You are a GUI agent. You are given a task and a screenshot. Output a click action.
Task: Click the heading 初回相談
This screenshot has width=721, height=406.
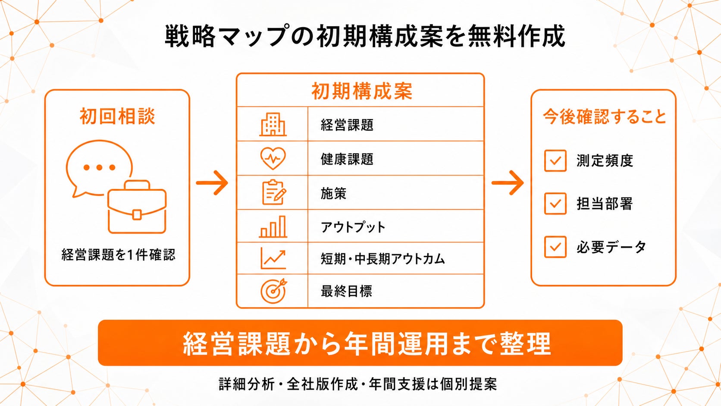[x=117, y=116]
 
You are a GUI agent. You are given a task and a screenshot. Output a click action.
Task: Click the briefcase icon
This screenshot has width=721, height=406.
[x=137, y=207]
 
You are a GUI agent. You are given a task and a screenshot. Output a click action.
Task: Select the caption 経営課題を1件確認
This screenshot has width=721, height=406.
[x=118, y=255]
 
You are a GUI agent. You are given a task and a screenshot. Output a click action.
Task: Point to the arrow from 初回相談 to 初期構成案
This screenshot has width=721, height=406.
[x=212, y=183]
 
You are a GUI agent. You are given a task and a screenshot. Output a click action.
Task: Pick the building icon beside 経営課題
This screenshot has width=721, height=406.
[x=273, y=124]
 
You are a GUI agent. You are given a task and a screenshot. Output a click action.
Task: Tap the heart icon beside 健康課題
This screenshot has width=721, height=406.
[x=273, y=158]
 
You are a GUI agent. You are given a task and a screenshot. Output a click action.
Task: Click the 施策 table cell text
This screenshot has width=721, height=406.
[x=333, y=193]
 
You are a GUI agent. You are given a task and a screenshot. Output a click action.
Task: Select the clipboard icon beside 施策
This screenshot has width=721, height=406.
[x=273, y=192]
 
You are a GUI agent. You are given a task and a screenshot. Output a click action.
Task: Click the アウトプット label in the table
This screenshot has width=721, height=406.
[x=353, y=227]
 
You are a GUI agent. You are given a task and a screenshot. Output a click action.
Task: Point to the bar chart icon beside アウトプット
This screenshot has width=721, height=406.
[x=273, y=227]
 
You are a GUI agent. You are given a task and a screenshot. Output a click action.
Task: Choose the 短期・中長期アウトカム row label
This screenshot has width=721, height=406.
[x=383, y=259]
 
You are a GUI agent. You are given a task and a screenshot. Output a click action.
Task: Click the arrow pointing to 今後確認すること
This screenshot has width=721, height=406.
[x=508, y=183]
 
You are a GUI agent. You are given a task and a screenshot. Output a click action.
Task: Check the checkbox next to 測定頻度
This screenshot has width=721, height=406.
[x=555, y=161]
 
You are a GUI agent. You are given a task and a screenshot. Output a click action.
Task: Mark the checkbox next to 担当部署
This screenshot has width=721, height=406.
[x=555, y=204]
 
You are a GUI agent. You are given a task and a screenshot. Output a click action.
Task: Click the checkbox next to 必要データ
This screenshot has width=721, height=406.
[x=555, y=247]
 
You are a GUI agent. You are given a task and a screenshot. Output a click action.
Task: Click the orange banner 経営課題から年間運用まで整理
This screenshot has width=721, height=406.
[x=360, y=343]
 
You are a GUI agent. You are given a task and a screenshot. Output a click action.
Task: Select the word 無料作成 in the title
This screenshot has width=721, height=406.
[x=516, y=36]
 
